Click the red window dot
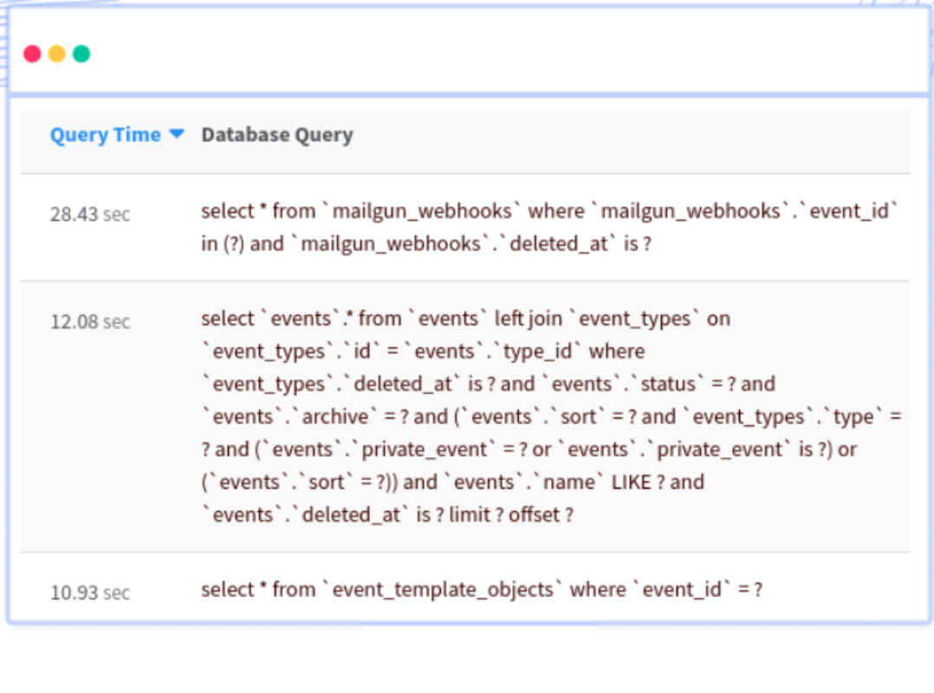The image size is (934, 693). [32, 55]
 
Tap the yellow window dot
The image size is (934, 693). [56, 55]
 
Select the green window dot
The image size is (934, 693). [81, 55]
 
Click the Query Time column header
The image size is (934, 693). [106, 135]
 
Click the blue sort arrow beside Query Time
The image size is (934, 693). [177, 133]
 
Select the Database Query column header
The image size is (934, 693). [277, 135]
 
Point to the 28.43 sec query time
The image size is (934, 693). [90, 214]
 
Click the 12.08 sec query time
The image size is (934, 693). [90, 322]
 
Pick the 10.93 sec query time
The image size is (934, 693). [90, 593]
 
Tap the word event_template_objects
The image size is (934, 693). [444, 590]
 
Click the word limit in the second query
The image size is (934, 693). [470, 515]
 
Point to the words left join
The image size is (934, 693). [529, 319]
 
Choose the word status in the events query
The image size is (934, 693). [668, 384]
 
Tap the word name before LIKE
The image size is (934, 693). [569, 482]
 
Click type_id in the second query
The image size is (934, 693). [537, 352]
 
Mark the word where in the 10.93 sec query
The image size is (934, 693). [598, 589]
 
